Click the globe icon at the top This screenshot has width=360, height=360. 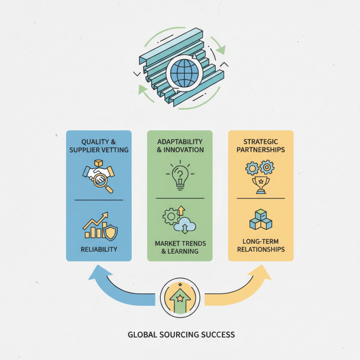tap(184, 73)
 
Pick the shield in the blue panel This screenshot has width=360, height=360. tap(110, 233)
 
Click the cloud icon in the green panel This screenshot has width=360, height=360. tap(185, 225)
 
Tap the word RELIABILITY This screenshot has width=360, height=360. tap(99, 249)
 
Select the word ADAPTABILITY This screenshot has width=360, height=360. tap(180, 142)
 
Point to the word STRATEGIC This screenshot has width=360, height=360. tap(261, 142)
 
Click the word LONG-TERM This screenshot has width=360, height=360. tap(261, 242)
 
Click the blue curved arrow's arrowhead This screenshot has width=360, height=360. tap(99, 273)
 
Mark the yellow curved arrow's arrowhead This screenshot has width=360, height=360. tap(261, 273)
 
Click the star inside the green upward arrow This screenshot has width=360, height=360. tap(180, 298)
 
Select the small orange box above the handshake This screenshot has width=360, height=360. tap(99, 163)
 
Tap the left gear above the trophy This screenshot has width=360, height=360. tap(252, 168)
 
